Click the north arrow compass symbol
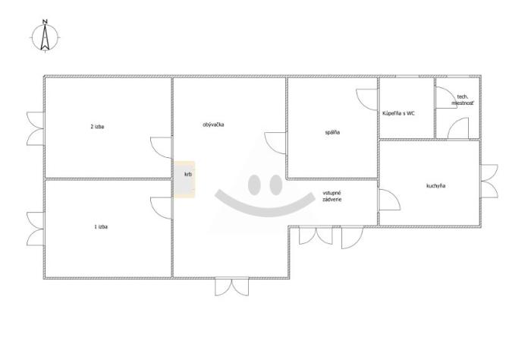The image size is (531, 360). click(46, 36)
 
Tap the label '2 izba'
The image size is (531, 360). click(97, 127)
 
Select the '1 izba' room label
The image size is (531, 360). click(101, 227)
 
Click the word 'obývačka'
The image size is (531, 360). click(213, 125)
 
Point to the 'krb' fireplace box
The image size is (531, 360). click(184, 179)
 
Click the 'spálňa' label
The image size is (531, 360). click(332, 133)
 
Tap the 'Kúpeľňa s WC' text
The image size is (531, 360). click(398, 114)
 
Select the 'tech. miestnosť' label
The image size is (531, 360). click(463, 99)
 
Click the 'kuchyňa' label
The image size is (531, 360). click(436, 186)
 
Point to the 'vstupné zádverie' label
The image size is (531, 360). click(332, 196)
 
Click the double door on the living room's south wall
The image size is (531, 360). click(232, 286)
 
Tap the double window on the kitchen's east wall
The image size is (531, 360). click(489, 182)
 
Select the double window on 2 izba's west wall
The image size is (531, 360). click(36, 129)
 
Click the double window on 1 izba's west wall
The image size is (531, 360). click(36, 229)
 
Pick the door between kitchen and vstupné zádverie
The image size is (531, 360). click(388, 200)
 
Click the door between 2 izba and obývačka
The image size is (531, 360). click(162, 148)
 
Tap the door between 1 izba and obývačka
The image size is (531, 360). click(162, 208)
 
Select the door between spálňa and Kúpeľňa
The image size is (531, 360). click(366, 99)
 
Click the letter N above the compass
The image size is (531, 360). click(45, 22)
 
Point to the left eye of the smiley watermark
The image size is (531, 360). click(253, 185)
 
